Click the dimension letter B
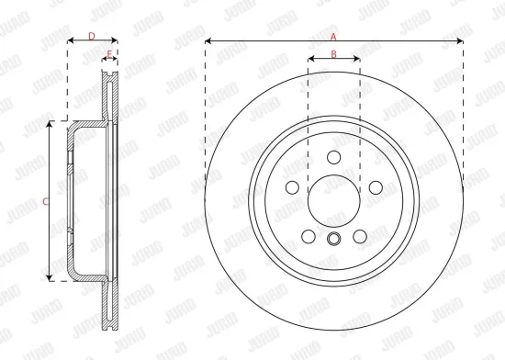tap(333, 55)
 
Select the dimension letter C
tap(47, 199)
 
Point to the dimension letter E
tap(109, 55)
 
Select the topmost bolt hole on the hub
tap(333, 155)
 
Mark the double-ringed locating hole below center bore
tap(333, 241)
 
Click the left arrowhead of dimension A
tap(208, 40)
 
